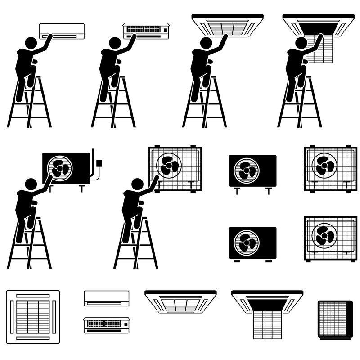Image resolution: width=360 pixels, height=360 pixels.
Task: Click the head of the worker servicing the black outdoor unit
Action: click(31, 184)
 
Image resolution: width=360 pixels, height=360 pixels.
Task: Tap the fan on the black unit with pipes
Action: click(59, 169)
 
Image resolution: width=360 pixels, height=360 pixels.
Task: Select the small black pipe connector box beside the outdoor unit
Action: click(99, 163)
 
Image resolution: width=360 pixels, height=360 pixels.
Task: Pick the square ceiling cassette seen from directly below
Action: click(33, 317)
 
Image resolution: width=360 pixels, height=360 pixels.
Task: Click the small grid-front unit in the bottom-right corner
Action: click(335, 319)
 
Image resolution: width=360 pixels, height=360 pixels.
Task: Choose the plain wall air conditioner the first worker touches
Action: click(62, 31)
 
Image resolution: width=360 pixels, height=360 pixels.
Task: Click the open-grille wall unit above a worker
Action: click(146, 31)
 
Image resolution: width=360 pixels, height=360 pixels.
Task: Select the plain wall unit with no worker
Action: click(106, 298)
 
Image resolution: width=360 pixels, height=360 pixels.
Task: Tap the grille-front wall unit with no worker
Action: click(106, 325)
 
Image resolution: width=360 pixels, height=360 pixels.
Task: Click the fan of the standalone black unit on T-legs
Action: click(247, 171)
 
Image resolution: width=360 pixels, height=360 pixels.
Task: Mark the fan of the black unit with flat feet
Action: click(247, 242)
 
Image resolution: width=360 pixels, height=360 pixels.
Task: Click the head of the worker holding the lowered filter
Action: click(301, 43)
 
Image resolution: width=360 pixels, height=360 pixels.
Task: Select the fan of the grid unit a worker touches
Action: click(169, 166)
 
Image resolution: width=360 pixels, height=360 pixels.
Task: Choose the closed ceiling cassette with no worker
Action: click(180, 301)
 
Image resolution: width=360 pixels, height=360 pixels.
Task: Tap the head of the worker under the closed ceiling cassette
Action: click(206, 43)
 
